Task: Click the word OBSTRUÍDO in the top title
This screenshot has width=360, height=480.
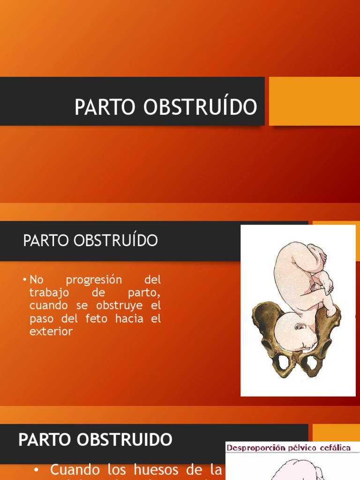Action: pyautogui.click(x=201, y=107)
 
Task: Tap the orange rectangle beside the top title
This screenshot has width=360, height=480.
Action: pyautogui.click(x=314, y=101)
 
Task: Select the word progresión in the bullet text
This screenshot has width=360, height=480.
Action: pyautogui.click(x=94, y=280)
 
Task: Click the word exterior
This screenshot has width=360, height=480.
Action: pyautogui.click(x=51, y=332)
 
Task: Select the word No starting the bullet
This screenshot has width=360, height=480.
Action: pyautogui.click(x=36, y=280)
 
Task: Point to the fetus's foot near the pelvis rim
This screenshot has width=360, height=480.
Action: pyautogui.click(x=331, y=310)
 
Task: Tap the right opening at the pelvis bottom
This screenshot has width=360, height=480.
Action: pyautogui.click(x=311, y=363)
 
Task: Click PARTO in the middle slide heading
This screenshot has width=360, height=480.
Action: pyautogui.click(x=45, y=241)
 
